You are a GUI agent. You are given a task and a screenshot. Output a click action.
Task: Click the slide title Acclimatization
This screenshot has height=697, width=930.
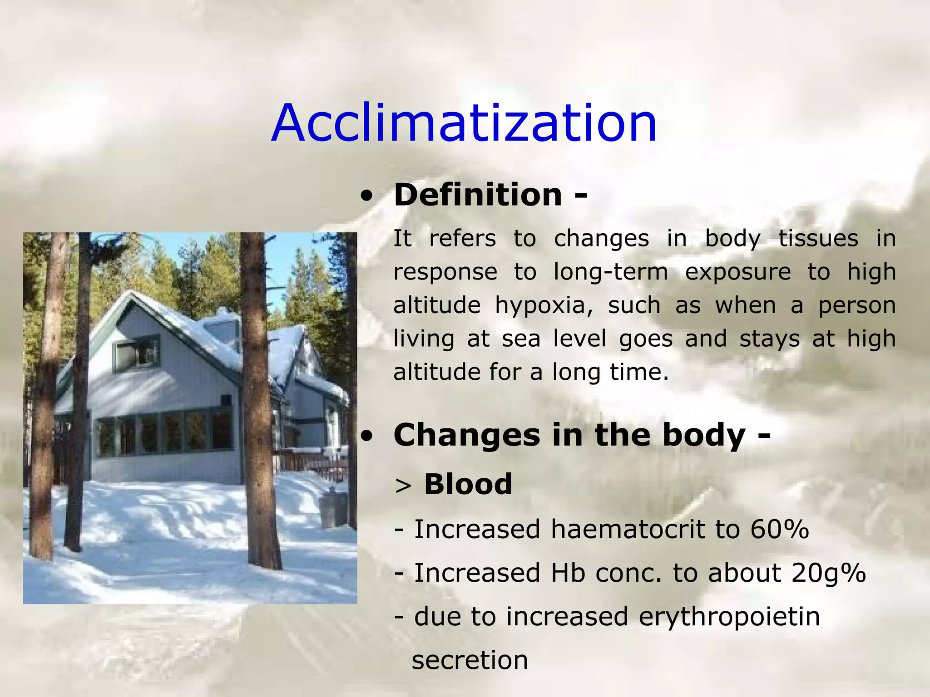click(x=464, y=123)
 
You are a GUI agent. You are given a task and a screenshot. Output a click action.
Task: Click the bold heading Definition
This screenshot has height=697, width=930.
click(x=478, y=195)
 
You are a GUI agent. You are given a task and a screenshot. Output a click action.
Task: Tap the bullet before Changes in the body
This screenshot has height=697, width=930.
click(x=366, y=436)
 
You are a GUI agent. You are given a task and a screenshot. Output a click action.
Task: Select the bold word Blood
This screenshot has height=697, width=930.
click(x=468, y=484)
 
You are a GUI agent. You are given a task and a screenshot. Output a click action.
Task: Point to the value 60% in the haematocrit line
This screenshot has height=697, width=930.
click(x=779, y=530)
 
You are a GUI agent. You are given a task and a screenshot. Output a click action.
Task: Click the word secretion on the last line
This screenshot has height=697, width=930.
click(x=470, y=660)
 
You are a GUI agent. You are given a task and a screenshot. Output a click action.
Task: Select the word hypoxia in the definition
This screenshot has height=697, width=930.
click(x=544, y=305)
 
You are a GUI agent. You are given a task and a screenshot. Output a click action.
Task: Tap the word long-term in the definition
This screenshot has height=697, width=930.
click(x=610, y=272)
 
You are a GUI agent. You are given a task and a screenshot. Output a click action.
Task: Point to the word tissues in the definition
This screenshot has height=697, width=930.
click(x=818, y=239)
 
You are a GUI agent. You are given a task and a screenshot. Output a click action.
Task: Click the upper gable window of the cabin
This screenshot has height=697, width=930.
click(x=137, y=353)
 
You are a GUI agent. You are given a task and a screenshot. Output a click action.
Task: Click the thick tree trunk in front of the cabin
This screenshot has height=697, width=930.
click(x=260, y=399)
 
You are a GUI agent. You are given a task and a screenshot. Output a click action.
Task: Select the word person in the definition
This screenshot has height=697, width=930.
click(x=856, y=305)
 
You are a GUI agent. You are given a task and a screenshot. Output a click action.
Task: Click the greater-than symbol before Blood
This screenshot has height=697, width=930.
click(x=403, y=486)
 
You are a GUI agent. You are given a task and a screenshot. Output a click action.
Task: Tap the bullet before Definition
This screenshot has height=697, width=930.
click(x=366, y=196)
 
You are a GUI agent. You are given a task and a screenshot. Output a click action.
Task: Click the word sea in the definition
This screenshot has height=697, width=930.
click(x=521, y=339)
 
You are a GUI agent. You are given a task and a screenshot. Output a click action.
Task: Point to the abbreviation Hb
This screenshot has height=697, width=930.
click(x=568, y=573)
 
